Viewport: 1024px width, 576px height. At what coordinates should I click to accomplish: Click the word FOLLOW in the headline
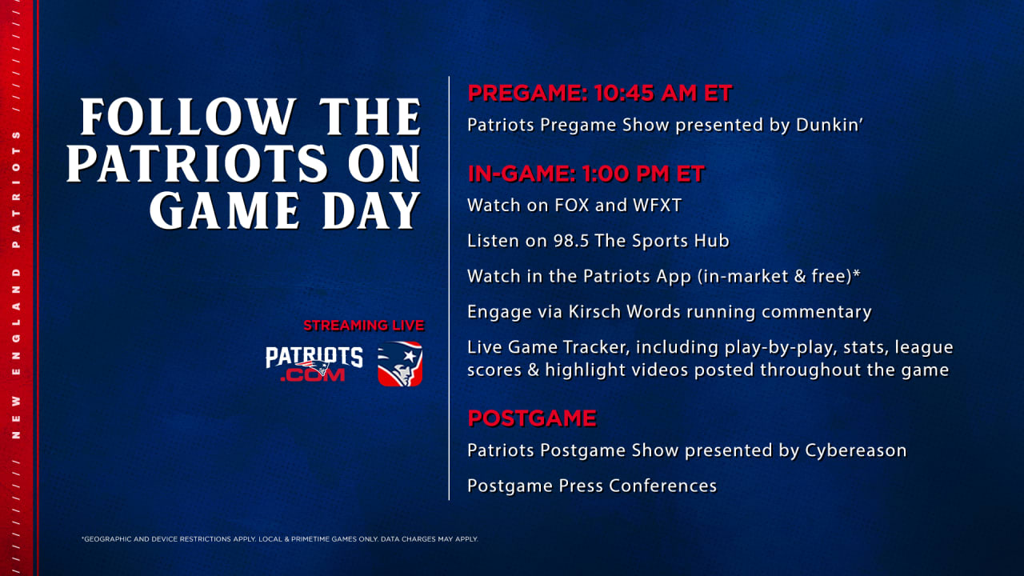tap(188, 117)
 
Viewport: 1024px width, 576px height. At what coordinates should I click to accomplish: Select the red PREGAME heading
tap(527, 94)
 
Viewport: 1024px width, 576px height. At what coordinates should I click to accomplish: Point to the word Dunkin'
tap(830, 125)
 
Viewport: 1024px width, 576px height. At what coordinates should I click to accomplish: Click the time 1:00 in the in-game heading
tap(602, 174)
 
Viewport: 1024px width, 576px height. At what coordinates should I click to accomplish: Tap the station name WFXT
tap(657, 206)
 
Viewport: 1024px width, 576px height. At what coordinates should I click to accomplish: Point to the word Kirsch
tap(594, 312)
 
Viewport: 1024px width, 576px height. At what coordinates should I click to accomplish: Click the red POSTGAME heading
tap(532, 418)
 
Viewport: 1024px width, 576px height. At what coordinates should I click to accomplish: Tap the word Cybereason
tap(856, 450)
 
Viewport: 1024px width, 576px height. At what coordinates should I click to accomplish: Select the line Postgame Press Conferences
tap(592, 486)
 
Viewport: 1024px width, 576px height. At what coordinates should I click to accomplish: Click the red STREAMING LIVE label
tap(364, 326)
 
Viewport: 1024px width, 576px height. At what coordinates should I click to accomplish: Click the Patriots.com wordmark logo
tap(314, 364)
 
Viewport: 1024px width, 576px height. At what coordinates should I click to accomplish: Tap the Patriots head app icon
tap(400, 364)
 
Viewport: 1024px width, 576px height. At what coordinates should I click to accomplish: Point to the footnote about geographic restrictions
tap(280, 539)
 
